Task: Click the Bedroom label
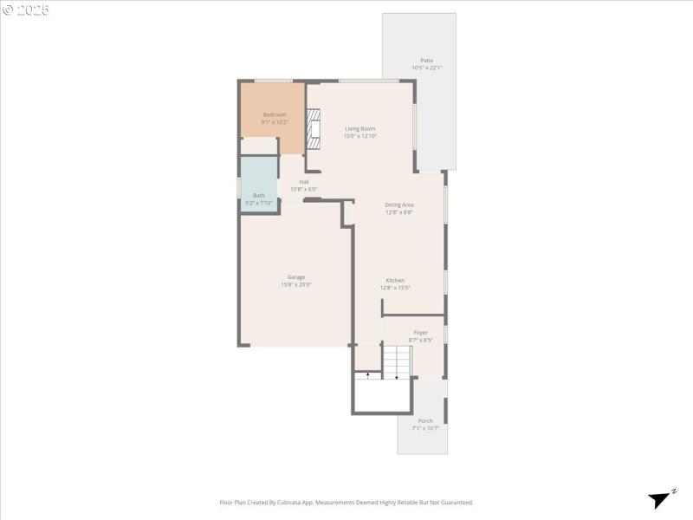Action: (x=275, y=114)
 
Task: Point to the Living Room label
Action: (x=359, y=128)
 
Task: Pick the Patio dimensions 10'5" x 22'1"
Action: (x=427, y=68)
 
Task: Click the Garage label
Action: (x=296, y=276)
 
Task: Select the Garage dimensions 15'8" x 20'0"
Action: (x=296, y=284)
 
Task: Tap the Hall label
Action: (x=304, y=181)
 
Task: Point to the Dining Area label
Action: (x=399, y=205)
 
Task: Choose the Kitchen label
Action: (x=395, y=280)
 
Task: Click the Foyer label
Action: (x=420, y=332)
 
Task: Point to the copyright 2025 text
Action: (x=26, y=10)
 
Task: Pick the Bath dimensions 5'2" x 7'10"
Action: (x=259, y=203)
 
